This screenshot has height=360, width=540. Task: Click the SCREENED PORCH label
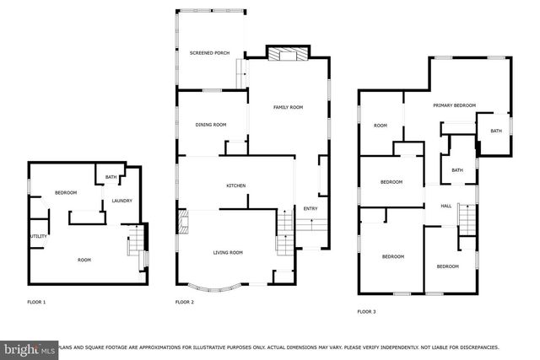[210, 52]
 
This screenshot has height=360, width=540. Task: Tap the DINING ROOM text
[211, 125]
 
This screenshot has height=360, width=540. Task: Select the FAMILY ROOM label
[288, 107]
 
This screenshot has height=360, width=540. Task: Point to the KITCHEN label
[235, 185]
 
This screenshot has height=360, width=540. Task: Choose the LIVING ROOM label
[227, 252]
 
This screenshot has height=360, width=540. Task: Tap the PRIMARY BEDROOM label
[454, 105]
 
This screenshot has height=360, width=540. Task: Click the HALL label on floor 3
[446, 206]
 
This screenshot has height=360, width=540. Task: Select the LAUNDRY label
[121, 201]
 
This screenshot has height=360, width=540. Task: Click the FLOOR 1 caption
[37, 301]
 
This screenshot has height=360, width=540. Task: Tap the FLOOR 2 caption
[185, 301]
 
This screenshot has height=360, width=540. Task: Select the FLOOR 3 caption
[366, 311]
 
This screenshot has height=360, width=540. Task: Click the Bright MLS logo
[27, 347]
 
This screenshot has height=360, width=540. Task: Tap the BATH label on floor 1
[111, 177]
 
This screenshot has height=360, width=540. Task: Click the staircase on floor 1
[133, 245]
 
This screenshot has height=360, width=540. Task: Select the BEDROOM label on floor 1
[66, 193]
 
